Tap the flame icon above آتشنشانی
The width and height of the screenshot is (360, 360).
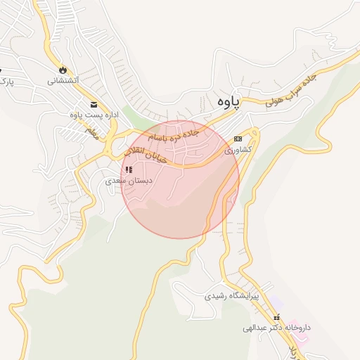point(63,70)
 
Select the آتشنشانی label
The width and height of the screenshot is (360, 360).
point(63,81)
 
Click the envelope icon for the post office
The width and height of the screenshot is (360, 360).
point(74,105)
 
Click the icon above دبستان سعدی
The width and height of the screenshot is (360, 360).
point(128,169)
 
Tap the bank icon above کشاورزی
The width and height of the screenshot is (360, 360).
point(238,139)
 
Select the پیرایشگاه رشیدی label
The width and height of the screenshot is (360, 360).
point(231,296)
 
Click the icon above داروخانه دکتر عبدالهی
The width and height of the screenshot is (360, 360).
point(276,317)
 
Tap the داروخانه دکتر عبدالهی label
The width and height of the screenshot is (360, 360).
point(277,328)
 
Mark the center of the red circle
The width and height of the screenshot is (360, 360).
point(180,179)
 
